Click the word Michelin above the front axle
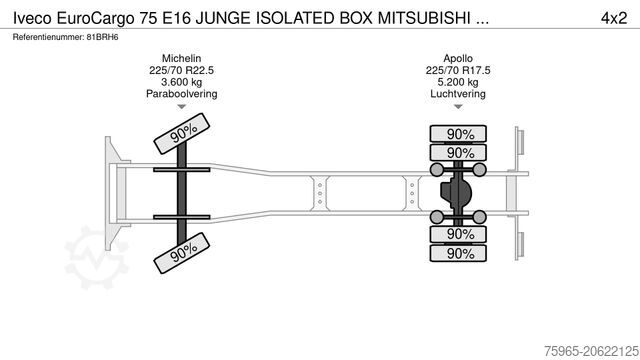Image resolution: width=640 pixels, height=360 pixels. (182, 58)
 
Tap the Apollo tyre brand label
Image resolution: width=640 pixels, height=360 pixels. (460, 58)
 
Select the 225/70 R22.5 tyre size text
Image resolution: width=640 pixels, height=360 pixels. (182, 70)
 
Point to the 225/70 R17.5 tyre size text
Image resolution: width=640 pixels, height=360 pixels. (460, 70)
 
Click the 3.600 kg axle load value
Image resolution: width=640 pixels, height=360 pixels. (182, 82)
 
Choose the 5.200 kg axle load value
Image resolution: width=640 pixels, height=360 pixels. (460, 82)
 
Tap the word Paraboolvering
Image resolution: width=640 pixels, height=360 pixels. (182, 94)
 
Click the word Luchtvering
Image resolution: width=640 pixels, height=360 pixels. (460, 94)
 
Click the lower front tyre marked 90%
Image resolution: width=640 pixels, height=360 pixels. (182, 252)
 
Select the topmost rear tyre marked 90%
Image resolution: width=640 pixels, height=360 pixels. (460, 134)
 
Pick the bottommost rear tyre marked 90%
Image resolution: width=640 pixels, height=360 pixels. (460, 254)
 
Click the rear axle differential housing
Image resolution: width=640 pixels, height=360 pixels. (460, 193)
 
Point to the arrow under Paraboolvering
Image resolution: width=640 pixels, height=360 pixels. (182, 107)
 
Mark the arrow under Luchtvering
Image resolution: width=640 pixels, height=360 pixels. (460, 107)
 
